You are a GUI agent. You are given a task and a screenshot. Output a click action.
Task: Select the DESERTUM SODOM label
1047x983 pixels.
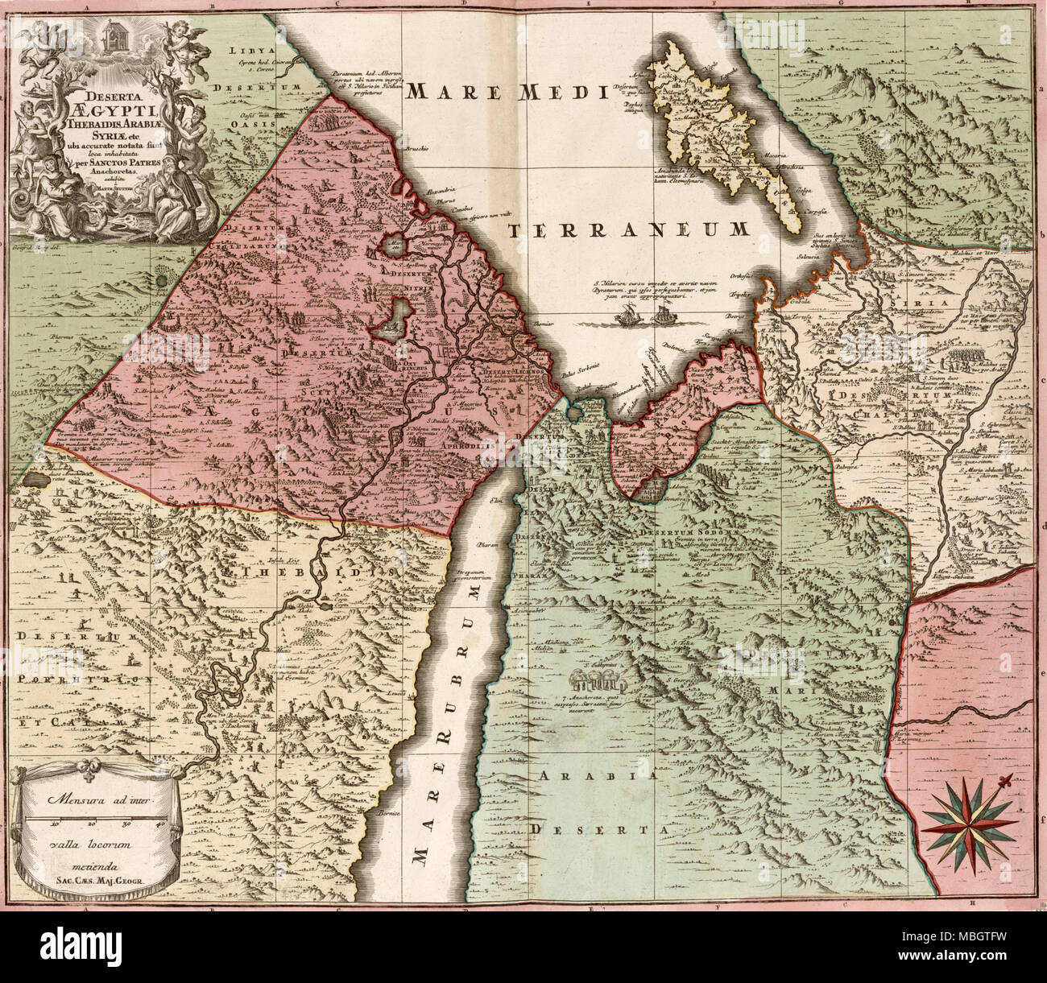click(685, 532)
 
